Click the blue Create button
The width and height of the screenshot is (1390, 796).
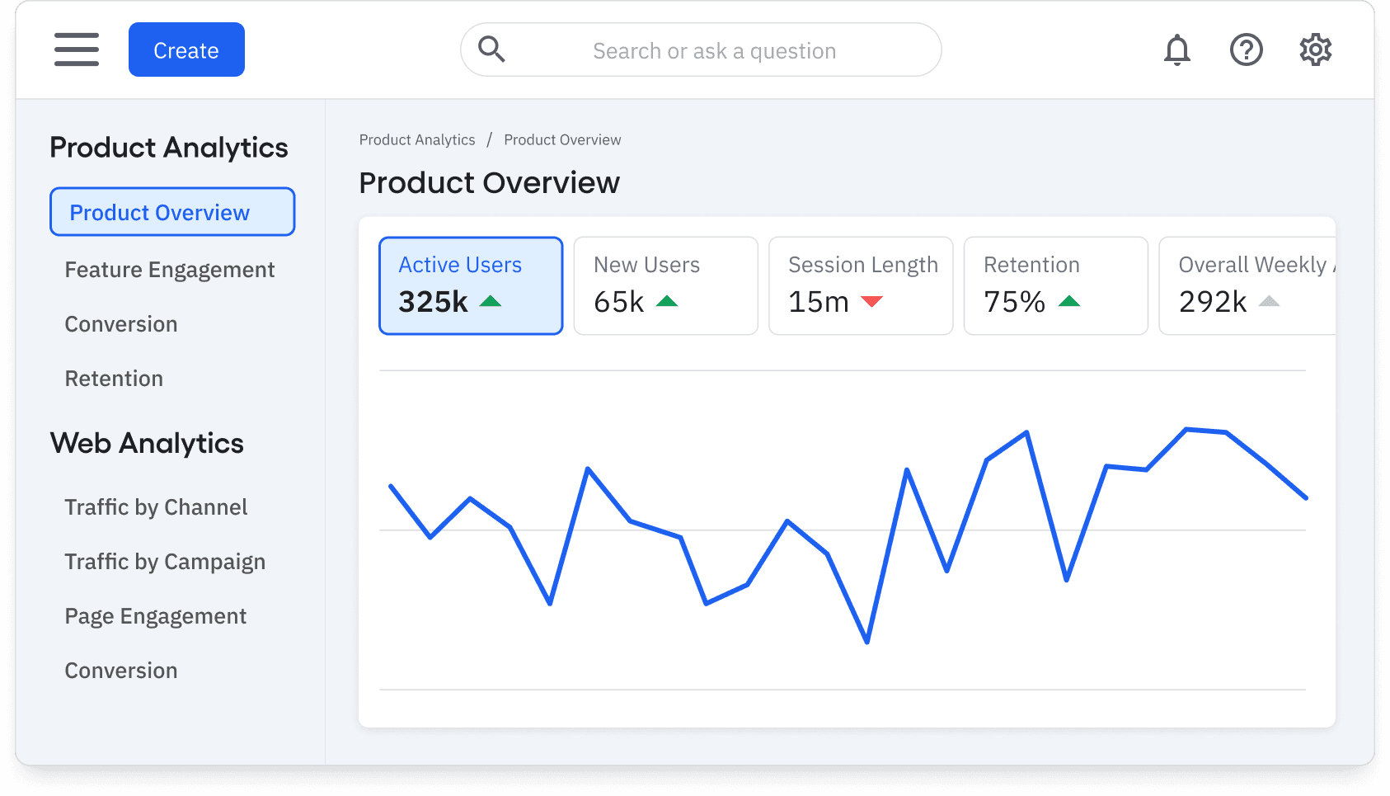(186, 49)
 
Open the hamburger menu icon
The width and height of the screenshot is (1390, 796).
(77, 49)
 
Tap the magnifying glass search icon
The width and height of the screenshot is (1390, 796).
(491, 49)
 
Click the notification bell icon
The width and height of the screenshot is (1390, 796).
(1176, 49)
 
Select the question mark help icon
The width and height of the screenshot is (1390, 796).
(1246, 49)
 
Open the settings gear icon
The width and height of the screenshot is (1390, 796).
(1315, 49)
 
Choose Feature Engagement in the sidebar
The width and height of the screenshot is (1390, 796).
(170, 270)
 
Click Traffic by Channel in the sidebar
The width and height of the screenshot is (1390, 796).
(156, 507)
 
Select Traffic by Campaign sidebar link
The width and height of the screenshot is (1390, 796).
(165, 562)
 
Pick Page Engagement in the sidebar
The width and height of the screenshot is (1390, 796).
(156, 616)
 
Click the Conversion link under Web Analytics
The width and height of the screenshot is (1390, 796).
(121, 671)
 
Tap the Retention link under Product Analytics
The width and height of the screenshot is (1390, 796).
(114, 379)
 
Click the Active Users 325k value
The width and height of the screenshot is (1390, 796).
(434, 302)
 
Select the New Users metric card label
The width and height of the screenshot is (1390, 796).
(646, 265)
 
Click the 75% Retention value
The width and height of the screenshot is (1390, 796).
(1014, 302)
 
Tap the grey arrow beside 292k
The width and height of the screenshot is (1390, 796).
(1269, 302)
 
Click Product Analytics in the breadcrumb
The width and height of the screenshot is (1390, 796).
(417, 140)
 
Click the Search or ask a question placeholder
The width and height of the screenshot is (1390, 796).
(714, 51)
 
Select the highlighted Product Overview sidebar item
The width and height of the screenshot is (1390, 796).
(172, 212)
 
